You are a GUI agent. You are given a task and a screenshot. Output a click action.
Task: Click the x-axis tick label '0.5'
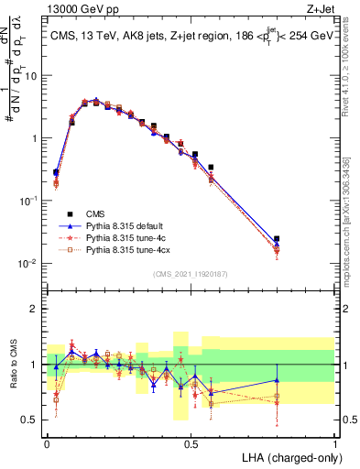(x=191, y=442)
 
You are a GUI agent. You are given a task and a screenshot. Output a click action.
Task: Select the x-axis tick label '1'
(x=334, y=442)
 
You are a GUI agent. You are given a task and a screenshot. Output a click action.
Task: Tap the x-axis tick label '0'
(x=47, y=442)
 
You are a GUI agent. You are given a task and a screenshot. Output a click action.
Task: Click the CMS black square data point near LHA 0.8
(x=277, y=239)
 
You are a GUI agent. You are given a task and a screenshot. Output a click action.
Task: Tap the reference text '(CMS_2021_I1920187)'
(x=191, y=273)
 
